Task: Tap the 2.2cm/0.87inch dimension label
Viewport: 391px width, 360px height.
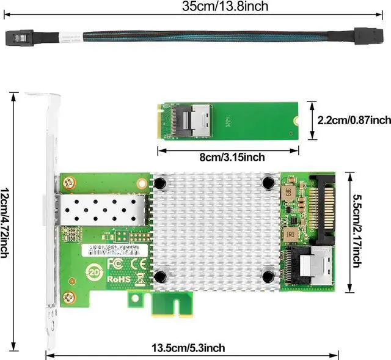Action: coord(354,120)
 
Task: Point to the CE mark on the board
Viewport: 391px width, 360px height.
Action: coord(139,263)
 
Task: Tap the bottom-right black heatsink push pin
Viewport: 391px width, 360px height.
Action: coord(268,277)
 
